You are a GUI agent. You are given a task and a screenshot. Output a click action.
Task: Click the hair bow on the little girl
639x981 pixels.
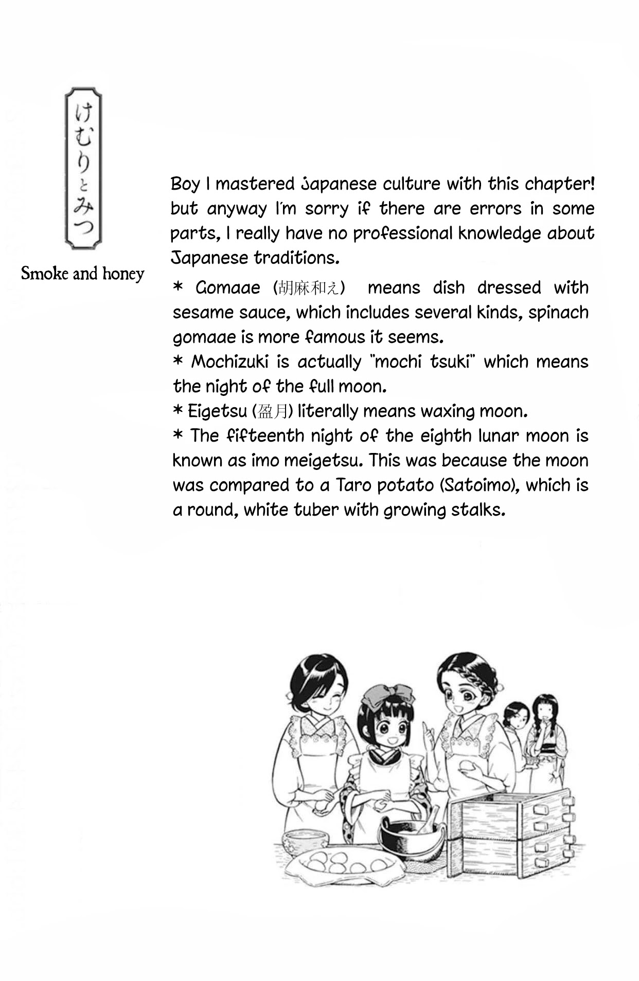click(388, 695)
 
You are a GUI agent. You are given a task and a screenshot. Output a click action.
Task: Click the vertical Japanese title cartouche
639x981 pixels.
click(83, 168)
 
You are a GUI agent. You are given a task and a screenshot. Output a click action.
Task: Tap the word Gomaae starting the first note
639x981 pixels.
click(228, 288)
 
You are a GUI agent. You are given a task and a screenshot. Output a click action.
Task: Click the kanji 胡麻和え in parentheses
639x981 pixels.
click(309, 288)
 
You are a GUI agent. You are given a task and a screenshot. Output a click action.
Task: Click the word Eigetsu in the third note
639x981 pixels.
click(217, 411)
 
